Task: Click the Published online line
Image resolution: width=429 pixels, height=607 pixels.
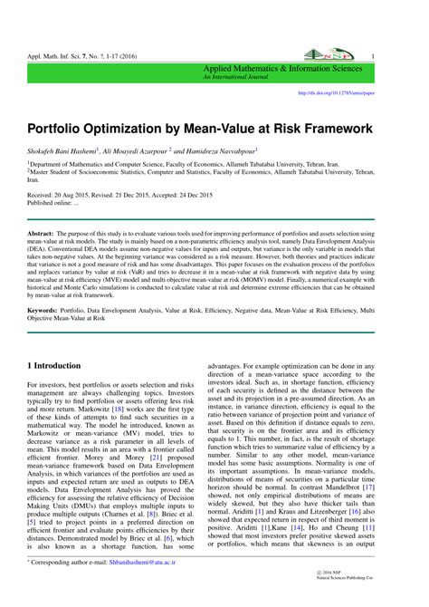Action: click(x=52, y=203)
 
